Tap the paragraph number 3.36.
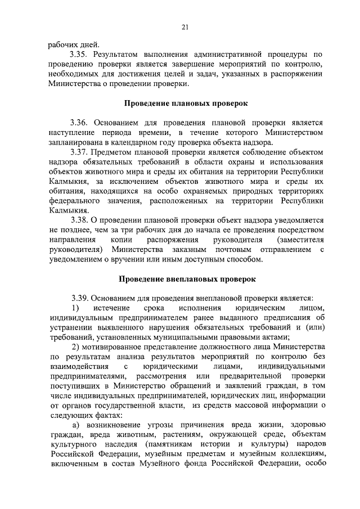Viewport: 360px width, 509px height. pyautogui.click(x=80, y=122)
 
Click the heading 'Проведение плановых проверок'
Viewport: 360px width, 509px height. pyautogui.click(x=185, y=103)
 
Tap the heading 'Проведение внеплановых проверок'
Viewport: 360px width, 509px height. pyautogui.click(x=187, y=279)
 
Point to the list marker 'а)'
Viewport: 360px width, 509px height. pyautogui.click(x=75, y=426)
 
